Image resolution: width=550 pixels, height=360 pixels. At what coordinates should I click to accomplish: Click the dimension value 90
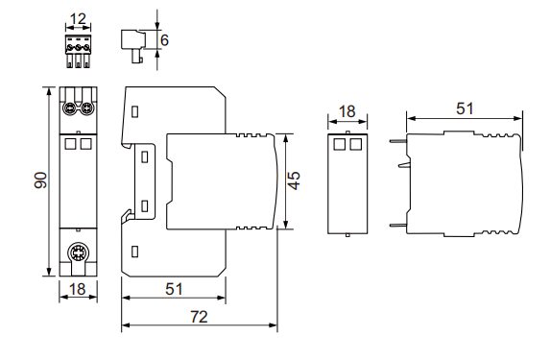pyautogui.click(x=40, y=180)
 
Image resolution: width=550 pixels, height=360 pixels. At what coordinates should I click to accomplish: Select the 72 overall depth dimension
pyautogui.click(x=199, y=317)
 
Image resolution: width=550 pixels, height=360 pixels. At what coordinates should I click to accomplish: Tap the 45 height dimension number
pyautogui.click(x=294, y=180)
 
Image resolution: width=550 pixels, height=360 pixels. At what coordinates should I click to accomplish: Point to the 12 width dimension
pyautogui.click(x=78, y=18)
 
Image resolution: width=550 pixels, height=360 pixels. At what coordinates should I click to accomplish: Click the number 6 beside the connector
pyautogui.click(x=164, y=40)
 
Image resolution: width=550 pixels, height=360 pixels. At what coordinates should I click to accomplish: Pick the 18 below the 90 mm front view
pyautogui.click(x=78, y=289)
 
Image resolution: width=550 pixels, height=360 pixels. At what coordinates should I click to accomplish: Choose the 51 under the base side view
pyautogui.click(x=174, y=289)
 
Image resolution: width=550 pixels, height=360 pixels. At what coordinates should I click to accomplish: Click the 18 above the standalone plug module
pyautogui.click(x=347, y=111)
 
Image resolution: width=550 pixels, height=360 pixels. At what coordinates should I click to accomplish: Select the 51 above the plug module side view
pyautogui.click(x=465, y=108)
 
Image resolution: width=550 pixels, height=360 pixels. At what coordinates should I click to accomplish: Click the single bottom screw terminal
pyautogui.click(x=78, y=252)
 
